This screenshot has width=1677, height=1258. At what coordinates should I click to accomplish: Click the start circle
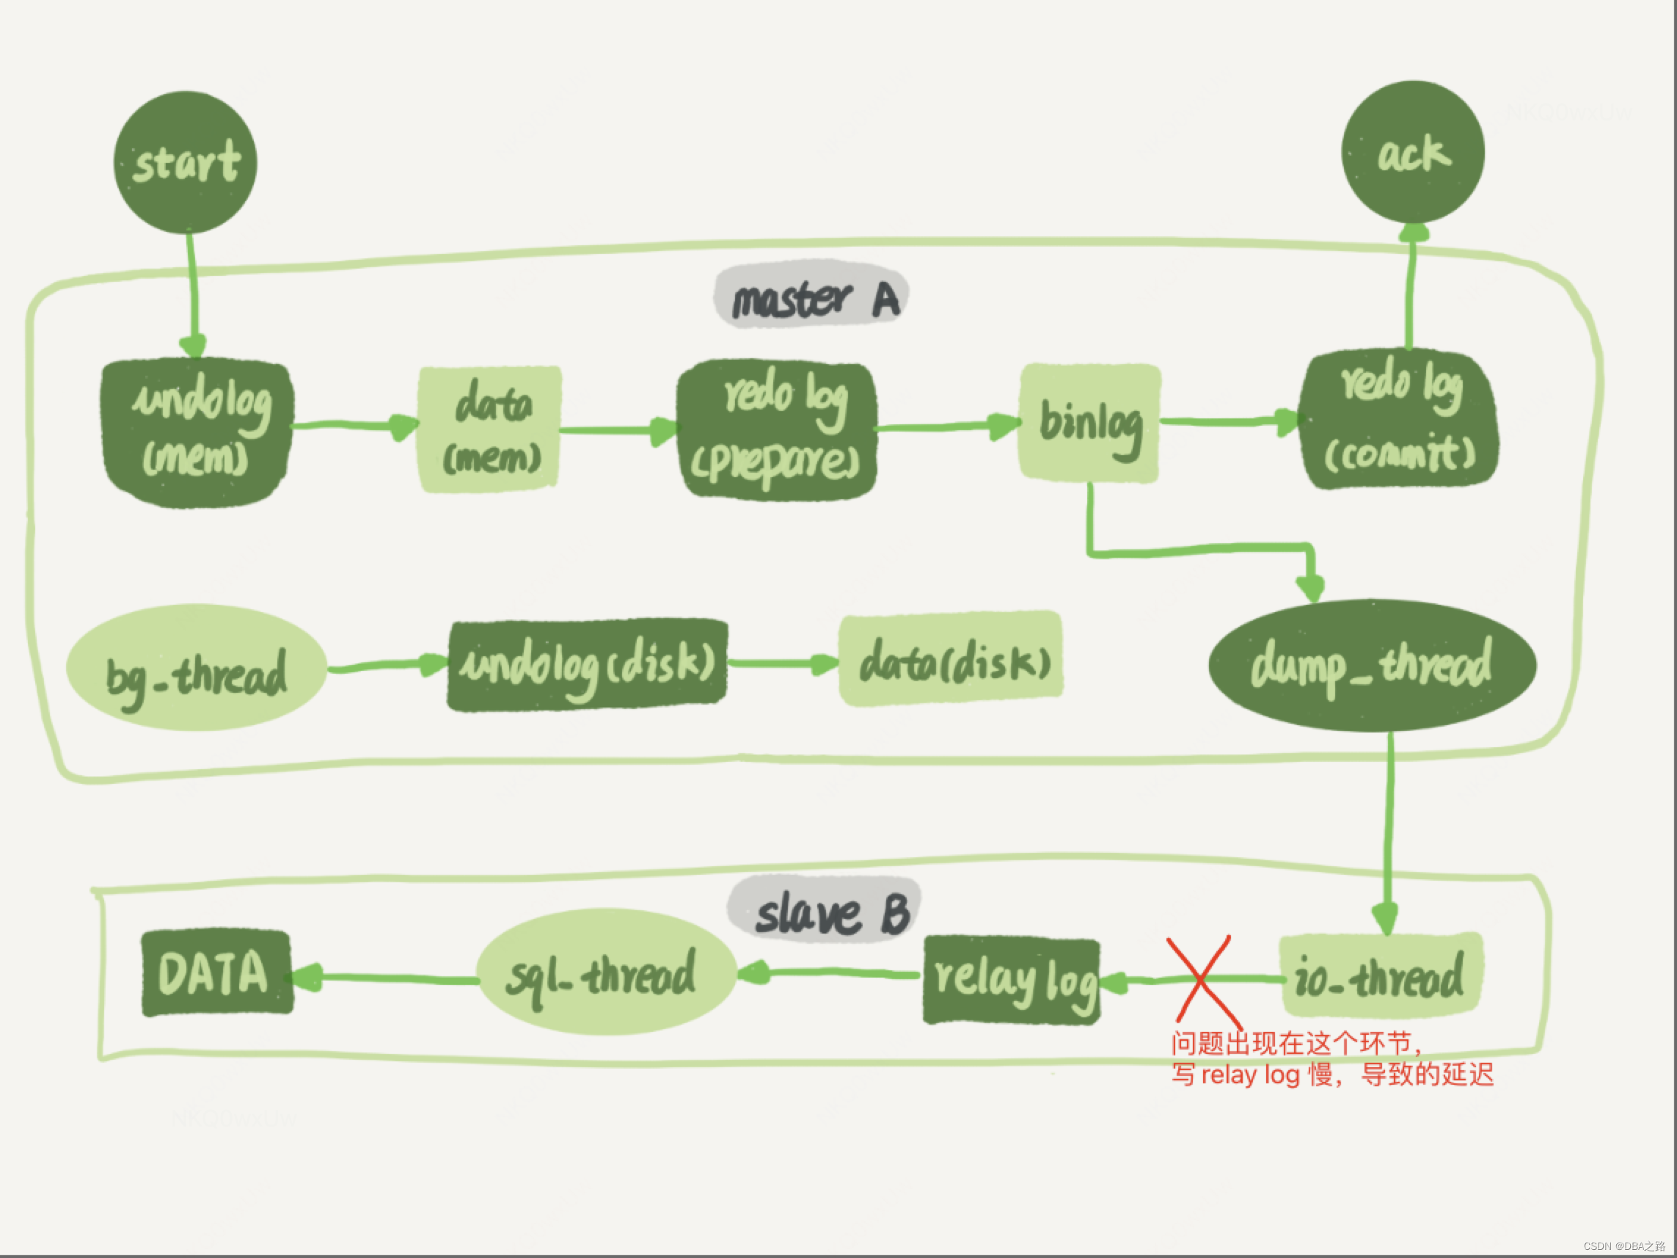click(186, 162)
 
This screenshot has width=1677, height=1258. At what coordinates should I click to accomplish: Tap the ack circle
click(1412, 153)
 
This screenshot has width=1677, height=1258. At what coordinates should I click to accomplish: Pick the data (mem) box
click(490, 429)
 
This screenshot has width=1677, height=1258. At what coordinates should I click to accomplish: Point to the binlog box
click(1089, 423)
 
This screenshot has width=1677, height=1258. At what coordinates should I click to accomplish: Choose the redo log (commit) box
click(1399, 419)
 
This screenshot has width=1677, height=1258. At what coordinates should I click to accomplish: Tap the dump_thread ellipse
click(1372, 665)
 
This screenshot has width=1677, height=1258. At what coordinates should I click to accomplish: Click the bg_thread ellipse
click(197, 668)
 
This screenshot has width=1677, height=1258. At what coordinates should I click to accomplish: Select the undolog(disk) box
click(588, 665)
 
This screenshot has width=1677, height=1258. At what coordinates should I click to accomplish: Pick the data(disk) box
click(951, 659)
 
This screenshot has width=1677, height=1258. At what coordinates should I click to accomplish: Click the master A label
click(811, 296)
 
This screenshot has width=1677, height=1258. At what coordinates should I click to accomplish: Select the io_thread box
click(1380, 975)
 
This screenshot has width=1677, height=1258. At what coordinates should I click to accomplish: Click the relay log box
click(1012, 981)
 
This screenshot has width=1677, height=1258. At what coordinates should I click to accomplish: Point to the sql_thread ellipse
click(607, 973)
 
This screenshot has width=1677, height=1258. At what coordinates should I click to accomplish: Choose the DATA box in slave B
click(217, 972)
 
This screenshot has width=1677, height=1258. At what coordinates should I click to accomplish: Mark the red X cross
click(1201, 979)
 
